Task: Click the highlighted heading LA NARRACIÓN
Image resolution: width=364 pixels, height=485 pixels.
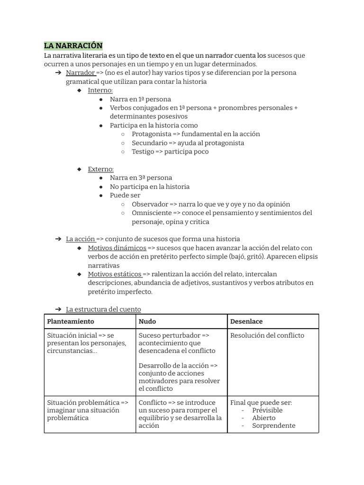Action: [x=73, y=45]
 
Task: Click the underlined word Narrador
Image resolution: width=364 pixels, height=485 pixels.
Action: [x=80, y=73]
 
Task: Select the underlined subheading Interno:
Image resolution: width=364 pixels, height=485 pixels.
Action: [x=100, y=90]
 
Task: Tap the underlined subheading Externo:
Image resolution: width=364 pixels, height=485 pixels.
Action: [x=100, y=169]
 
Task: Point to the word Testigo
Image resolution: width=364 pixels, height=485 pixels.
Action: [x=143, y=152]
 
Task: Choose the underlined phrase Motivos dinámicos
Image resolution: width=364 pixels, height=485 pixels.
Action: [x=117, y=248]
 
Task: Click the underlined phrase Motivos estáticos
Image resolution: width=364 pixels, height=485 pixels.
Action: [x=114, y=274]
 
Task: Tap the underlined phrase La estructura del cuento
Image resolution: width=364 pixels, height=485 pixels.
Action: [x=103, y=309]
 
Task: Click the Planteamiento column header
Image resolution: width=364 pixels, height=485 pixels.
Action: [x=71, y=322]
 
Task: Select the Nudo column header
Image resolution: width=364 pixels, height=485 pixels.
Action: [x=147, y=322]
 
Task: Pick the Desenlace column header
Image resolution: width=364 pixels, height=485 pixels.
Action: [x=246, y=322]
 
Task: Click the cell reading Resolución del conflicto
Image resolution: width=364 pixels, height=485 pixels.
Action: [x=267, y=335]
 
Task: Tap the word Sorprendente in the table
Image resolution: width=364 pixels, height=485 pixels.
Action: [x=273, y=425]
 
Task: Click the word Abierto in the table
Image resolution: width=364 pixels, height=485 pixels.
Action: [x=264, y=418]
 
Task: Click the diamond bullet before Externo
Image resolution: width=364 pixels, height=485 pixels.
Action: [x=80, y=169]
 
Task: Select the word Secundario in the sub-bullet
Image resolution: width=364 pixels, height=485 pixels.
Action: [x=149, y=143]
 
